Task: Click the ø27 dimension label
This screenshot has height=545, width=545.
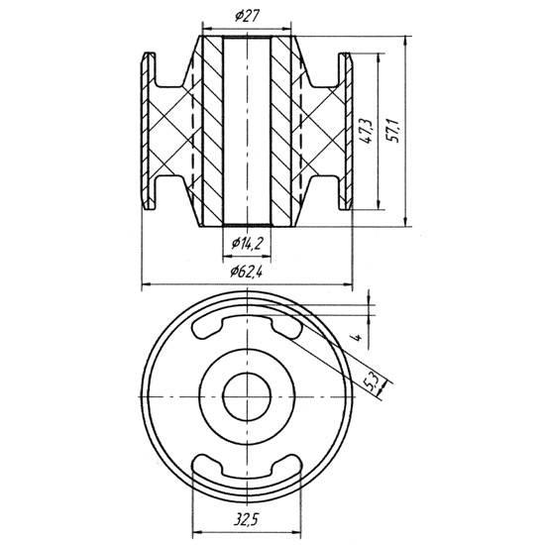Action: click(x=247, y=16)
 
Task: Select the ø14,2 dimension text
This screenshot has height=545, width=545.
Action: click(x=247, y=244)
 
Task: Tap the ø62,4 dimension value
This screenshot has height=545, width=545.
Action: click(x=246, y=272)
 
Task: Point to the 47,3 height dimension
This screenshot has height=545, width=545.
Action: click(x=366, y=131)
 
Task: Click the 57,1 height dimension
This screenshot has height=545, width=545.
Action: click(x=394, y=131)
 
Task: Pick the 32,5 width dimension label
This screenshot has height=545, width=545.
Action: click(x=246, y=520)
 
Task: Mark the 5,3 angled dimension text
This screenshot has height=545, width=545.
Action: click(x=371, y=381)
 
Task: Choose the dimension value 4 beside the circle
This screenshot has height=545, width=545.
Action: click(x=358, y=337)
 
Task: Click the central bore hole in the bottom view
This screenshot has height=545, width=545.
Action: click(x=247, y=396)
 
